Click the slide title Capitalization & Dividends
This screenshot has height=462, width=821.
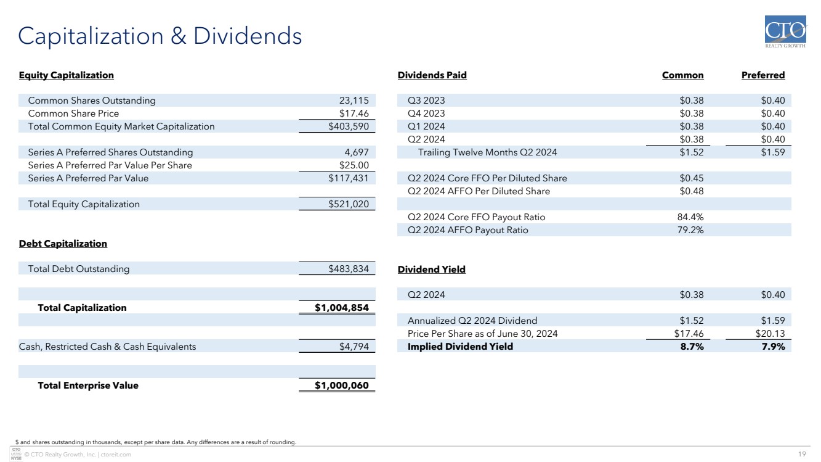click(x=160, y=36)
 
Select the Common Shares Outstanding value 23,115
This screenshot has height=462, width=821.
click(x=354, y=101)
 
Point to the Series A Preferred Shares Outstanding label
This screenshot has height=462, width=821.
click(x=110, y=152)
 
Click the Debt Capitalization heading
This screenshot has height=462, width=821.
click(x=63, y=244)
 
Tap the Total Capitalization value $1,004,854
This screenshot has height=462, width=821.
click(x=341, y=308)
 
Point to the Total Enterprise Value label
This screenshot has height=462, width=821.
click(x=88, y=386)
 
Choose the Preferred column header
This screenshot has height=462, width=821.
click(x=763, y=75)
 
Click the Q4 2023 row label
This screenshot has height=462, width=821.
click(x=426, y=113)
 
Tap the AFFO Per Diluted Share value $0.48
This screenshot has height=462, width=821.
click(x=692, y=191)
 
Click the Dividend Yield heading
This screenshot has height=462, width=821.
click(x=432, y=270)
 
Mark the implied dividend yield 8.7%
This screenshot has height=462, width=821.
click(x=692, y=347)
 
